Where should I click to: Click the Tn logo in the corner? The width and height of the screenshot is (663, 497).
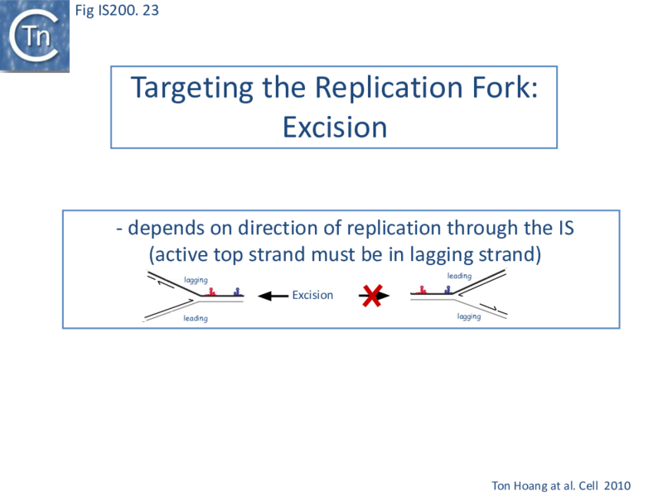(35, 36)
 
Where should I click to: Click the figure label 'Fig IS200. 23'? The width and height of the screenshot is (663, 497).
(116, 11)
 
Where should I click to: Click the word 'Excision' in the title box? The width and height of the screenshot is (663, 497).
(334, 127)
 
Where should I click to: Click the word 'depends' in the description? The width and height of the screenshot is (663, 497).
(162, 229)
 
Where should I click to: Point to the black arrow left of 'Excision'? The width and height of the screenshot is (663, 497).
(273, 295)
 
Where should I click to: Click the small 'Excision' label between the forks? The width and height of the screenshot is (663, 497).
(312, 295)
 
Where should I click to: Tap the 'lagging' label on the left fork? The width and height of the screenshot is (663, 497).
(196, 281)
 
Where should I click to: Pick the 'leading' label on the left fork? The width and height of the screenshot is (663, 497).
(196, 319)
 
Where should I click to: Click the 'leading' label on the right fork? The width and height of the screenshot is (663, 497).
(459, 276)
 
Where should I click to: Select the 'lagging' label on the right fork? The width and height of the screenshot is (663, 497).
(469, 316)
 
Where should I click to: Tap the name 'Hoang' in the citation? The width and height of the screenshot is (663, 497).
(534, 483)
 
